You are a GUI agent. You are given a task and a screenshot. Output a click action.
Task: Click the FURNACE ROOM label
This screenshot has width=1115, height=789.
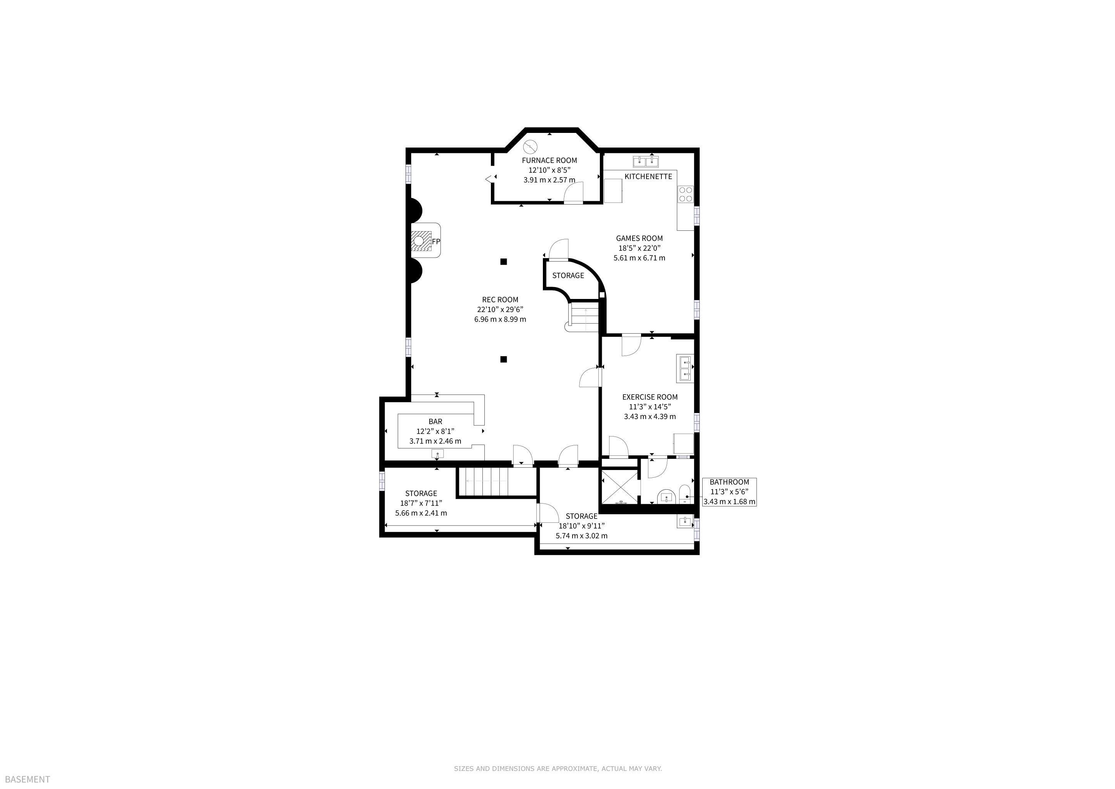(x=549, y=160)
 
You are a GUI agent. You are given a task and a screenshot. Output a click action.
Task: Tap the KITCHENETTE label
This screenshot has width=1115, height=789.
(x=648, y=176)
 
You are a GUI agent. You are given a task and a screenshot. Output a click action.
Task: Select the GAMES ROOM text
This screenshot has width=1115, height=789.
(x=639, y=238)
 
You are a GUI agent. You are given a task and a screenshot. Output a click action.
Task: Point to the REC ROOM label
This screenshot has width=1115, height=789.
(x=500, y=300)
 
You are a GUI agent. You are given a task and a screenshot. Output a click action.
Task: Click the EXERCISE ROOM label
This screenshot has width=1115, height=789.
(x=650, y=397)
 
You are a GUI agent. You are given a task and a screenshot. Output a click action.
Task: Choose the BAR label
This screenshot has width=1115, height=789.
(x=435, y=422)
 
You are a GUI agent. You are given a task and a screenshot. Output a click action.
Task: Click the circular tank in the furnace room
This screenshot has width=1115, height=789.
(x=530, y=146)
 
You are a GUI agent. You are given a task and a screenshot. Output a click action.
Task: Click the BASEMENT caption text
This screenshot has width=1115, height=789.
(x=28, y=780)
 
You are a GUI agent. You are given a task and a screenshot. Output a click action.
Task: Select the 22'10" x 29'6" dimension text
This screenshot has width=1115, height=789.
(x=500, y=309)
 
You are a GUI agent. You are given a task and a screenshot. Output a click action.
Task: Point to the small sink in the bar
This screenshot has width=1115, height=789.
(x=437, y=454)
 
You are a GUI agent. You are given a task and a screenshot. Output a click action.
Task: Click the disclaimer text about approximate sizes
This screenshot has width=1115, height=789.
(x=558, y=769)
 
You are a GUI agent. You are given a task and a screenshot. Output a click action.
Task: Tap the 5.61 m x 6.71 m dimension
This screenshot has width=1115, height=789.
(x=639, y=258)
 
